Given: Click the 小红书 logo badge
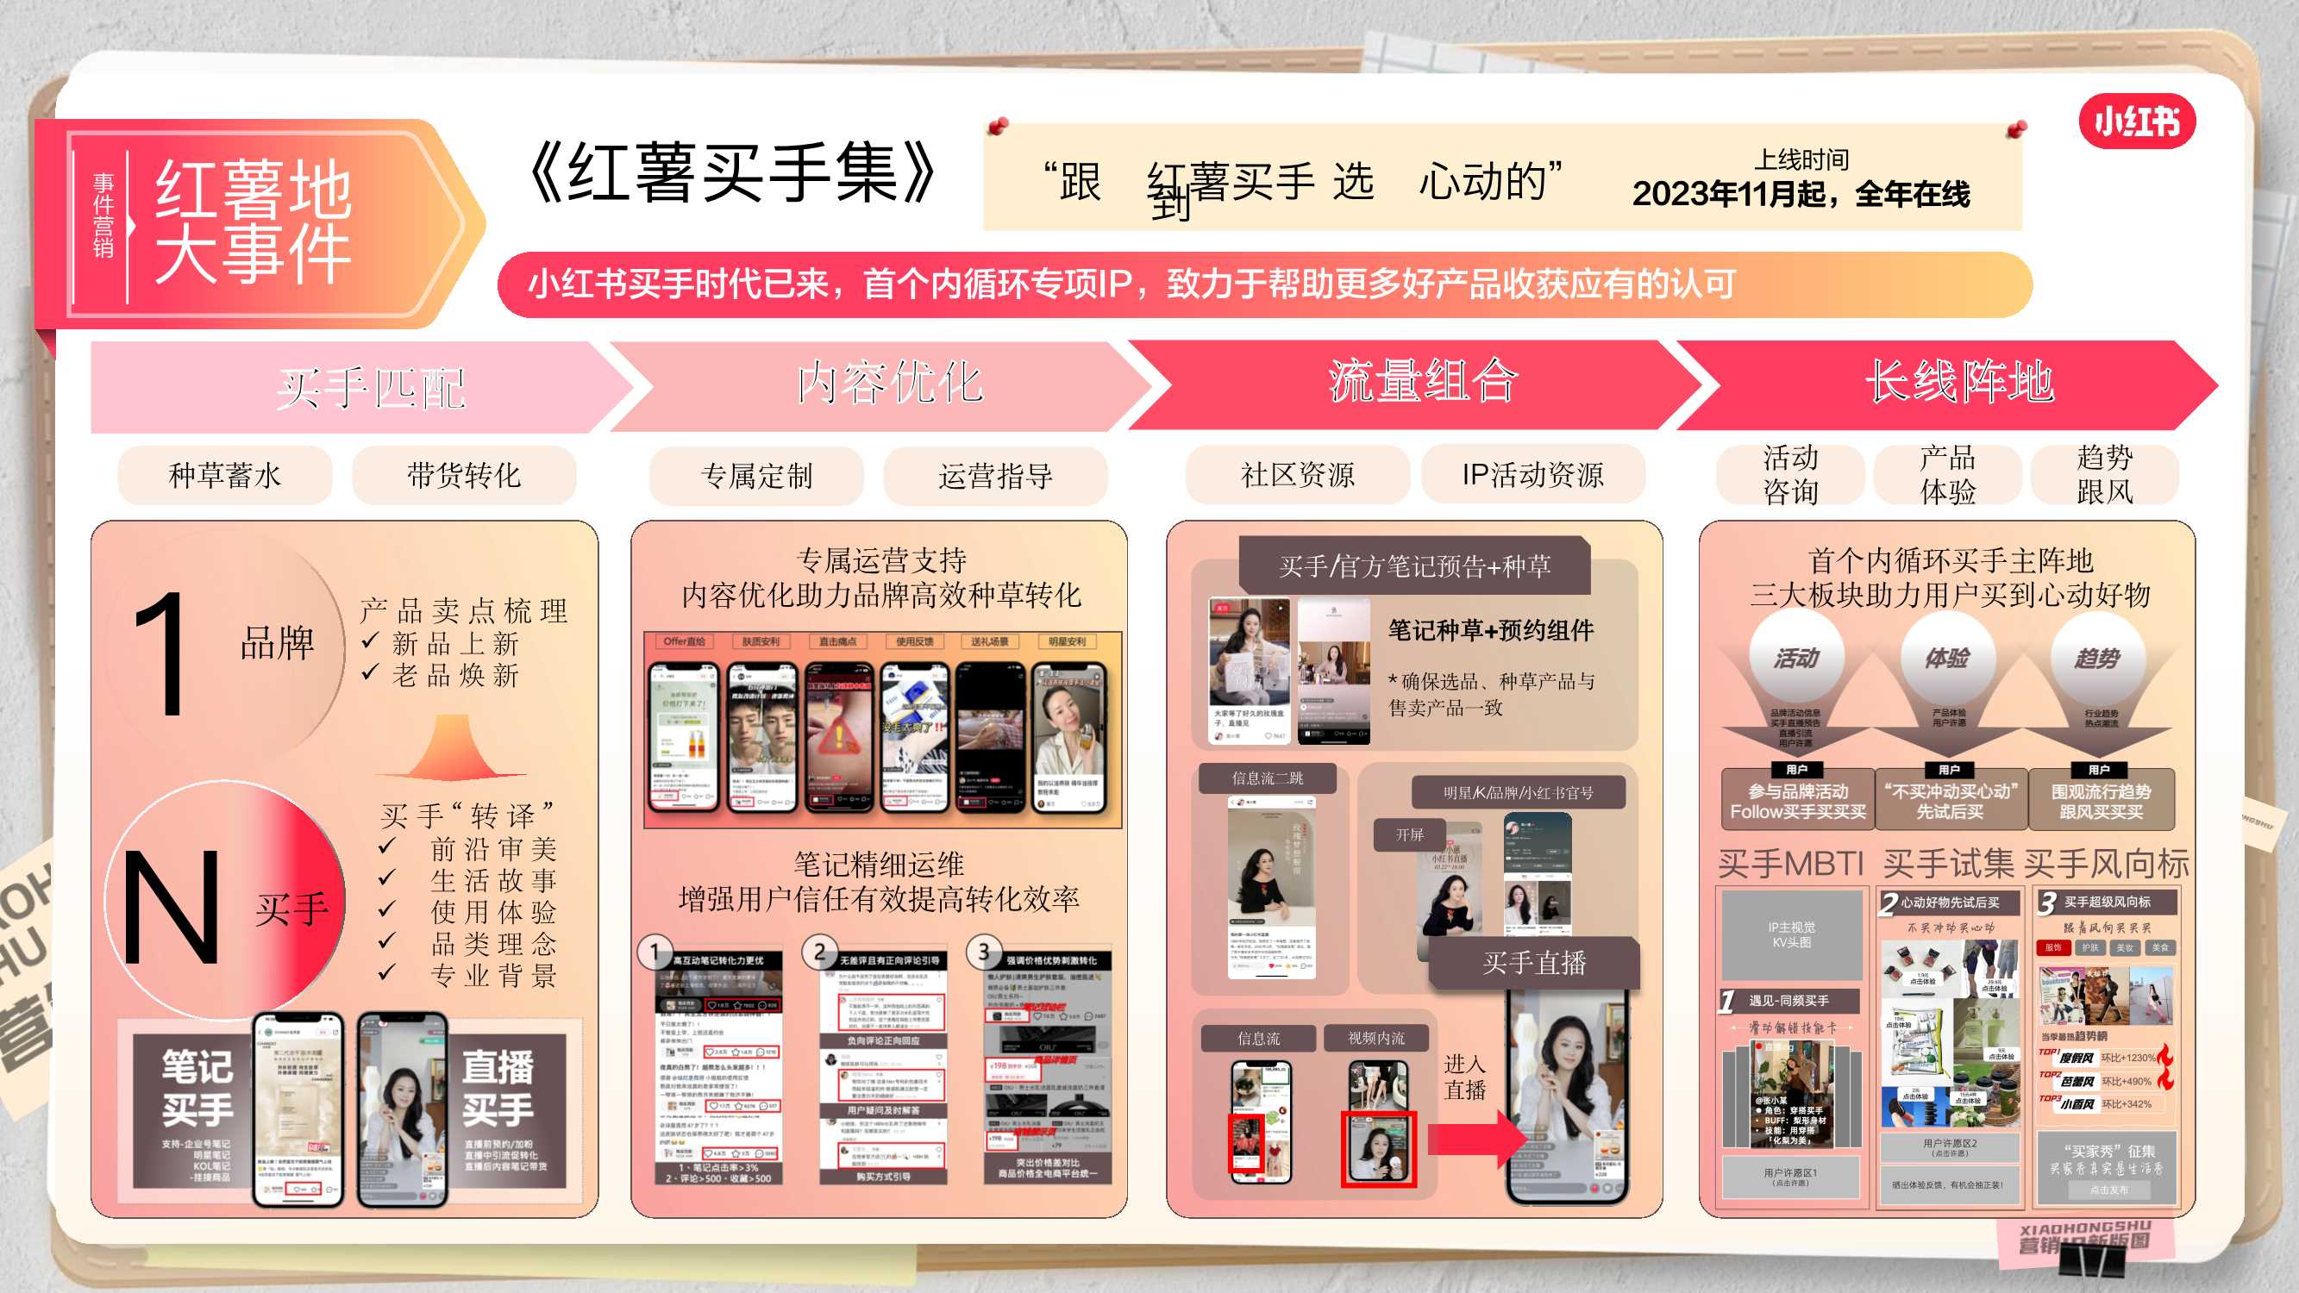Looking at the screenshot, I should (2136, 121).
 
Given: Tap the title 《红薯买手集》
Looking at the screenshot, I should (732, 172).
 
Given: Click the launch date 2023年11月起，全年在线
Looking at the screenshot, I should (1800, 194).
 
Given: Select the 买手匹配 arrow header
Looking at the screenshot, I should (369, 387).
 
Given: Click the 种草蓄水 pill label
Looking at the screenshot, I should (225, 475).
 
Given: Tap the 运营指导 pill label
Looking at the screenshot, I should (995, 476).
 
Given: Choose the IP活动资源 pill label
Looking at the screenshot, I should (1532, 475).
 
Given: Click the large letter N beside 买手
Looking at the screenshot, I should (172, 907).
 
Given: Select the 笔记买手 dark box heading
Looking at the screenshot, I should (197, 1088).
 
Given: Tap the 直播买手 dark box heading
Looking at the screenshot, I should (498, 1088).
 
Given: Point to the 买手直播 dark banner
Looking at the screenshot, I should (1534, 963).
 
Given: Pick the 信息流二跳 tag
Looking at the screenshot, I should (1268, 778).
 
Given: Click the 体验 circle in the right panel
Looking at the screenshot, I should (1946, 659).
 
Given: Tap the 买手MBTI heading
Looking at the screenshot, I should (1790, 864).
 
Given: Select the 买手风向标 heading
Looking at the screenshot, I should (2106, 864).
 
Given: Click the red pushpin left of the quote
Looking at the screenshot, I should (999, 126).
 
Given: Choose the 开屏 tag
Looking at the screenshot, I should (1409, 835).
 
